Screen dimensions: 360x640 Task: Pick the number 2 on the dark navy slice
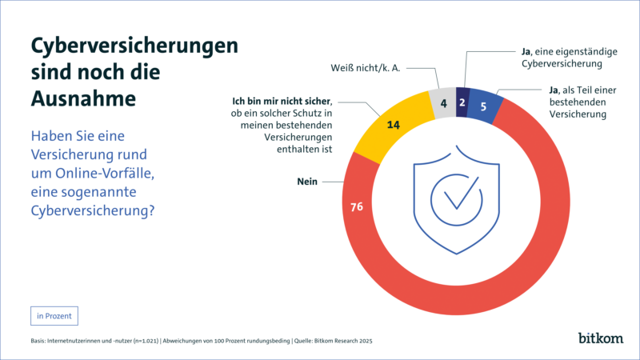[462, 102]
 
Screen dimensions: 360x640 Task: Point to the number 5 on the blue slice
[483, 107]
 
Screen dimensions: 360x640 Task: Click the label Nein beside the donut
[309, 182]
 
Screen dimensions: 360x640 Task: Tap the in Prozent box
[54, 315]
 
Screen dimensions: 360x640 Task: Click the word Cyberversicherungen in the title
[134, 46]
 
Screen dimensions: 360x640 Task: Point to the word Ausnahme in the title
[82, 98]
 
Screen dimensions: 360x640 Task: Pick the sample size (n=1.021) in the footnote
[139, 342]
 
